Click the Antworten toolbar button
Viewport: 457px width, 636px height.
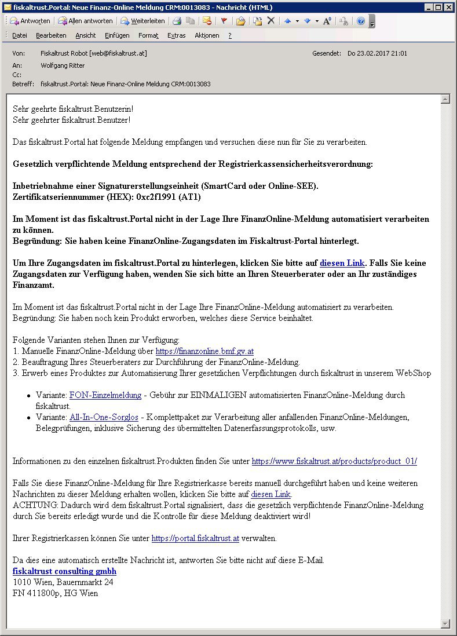pos(30,21)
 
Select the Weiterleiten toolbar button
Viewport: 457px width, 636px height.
pos(142,21)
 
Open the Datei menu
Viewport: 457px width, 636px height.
pos(20,35)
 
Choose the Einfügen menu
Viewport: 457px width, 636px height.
pos(117,35)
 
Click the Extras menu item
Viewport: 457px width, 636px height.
pos(177,35)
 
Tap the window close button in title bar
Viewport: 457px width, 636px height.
pos(449,7)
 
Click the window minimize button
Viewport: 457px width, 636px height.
pos(429,7)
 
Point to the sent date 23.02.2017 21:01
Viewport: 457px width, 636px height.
pos(377,53)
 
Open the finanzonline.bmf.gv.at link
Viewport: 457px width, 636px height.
pos(204,351)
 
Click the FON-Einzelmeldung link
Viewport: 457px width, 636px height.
pos(105,395)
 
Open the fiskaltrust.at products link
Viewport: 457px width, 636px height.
pos(334,461)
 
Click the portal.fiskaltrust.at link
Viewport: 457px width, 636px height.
pos(195,538)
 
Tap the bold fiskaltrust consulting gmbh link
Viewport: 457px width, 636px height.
pos(64,571)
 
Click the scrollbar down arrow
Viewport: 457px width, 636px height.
pos(445,623)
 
